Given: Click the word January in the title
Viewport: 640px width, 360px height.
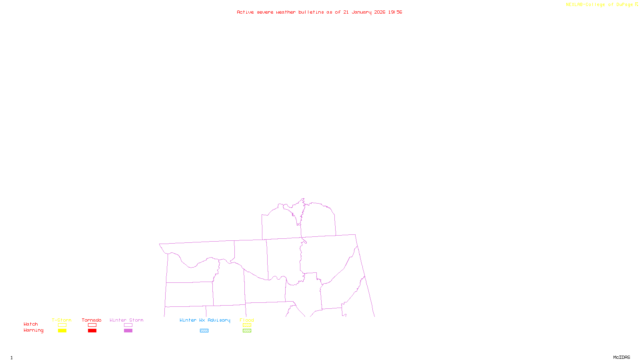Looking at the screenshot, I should [361, 12].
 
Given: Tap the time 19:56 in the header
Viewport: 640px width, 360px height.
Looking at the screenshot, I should [395, 12].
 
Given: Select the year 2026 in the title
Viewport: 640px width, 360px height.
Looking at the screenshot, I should [380, 12].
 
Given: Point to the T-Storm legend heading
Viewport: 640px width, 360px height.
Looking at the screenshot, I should [62, 320].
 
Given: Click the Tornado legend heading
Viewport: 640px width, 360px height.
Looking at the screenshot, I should [92, 320].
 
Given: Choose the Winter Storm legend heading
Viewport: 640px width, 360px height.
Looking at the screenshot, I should [126, 320].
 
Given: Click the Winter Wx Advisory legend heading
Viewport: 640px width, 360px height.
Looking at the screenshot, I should [205, 320].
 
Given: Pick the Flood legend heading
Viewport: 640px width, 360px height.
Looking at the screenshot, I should [247, 320].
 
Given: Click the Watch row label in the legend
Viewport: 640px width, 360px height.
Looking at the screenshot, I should [31, 324].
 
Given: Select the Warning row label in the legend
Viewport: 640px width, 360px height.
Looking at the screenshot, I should [33, 330].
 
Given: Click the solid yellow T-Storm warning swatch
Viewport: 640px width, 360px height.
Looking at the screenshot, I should [62, 331].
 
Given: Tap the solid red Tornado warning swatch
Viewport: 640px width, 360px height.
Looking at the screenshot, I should [92, 331].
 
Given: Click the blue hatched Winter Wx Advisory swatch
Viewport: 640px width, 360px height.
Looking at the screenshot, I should [204, 331].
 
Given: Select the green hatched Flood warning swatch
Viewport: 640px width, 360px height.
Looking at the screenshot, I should [247, 331].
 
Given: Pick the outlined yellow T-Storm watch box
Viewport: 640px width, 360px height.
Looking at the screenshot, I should [62, 325].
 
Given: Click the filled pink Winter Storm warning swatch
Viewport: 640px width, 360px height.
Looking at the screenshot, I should [128, 331].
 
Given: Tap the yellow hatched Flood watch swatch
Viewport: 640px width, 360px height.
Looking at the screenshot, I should [247, 325].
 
